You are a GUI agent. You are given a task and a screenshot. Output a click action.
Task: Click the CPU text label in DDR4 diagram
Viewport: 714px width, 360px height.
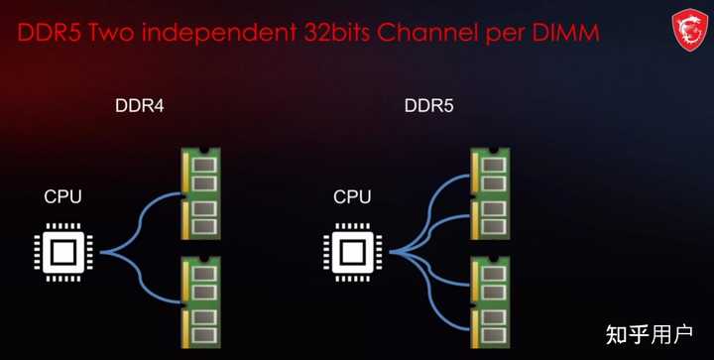(x=63, y=196)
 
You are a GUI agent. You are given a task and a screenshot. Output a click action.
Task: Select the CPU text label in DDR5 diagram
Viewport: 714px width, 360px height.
(x=352, y=196)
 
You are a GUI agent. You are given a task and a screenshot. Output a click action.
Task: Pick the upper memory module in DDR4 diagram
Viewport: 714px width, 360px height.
(x=200, y=193)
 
